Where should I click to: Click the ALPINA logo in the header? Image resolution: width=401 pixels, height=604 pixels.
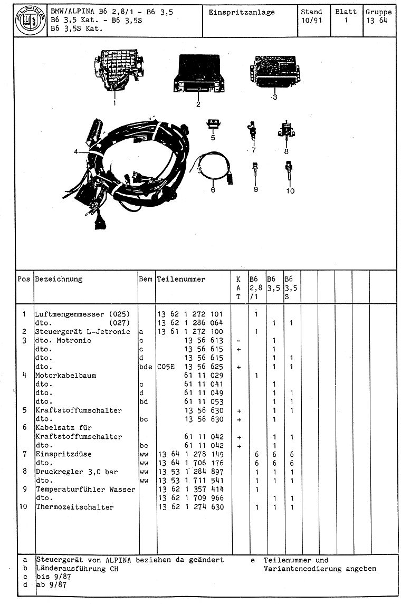pos(30,22)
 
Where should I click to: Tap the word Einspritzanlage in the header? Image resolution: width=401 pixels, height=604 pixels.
pos(242,12)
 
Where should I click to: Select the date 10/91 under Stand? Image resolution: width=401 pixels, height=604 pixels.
pos(311,21)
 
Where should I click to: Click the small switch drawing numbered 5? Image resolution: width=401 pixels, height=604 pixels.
pos(213,124)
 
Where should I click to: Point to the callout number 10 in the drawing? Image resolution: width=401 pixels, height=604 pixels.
pos(290,191)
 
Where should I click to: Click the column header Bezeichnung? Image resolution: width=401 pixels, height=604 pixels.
pos(59,279)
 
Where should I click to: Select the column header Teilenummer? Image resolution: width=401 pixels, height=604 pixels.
pos(181,279)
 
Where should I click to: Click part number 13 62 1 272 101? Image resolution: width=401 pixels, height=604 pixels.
pos(190,314)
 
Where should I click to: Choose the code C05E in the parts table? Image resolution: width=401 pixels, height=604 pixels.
pos(166,367)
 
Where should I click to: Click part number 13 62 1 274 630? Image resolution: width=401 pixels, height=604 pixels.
pos(190,507)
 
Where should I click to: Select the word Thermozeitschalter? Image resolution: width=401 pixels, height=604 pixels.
pos(74,507)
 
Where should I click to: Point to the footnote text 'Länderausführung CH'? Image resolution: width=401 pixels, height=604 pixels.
pos(77,569)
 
